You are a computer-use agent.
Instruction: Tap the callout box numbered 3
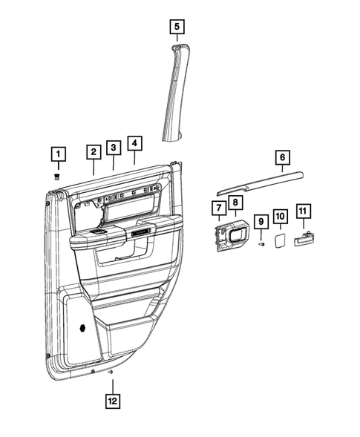[113, 148]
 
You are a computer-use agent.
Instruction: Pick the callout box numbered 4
[134, 142]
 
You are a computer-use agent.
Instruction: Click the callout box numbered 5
[176, 27]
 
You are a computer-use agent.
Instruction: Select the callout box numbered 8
[234, 203]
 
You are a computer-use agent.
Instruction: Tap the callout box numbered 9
[261, 221]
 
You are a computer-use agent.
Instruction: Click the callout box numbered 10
[280, 216]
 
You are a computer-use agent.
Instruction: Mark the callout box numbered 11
[303, 211]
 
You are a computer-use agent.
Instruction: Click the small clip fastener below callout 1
[57, 176]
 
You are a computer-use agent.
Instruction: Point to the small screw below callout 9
[261, 244]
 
